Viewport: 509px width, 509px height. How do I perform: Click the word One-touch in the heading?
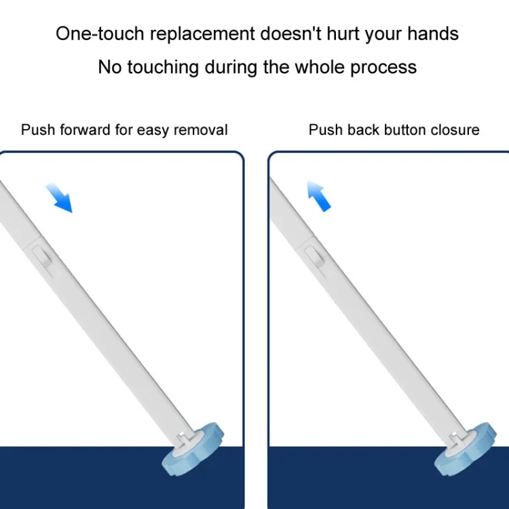point(100,33)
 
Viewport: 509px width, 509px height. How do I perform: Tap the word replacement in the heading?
point(202,34)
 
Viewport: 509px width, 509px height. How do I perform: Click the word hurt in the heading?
point(343,33)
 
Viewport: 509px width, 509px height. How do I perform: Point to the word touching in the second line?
point(163,68)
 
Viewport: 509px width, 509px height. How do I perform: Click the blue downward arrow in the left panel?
point(60,198)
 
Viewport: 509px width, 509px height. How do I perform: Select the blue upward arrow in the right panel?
point(319,195)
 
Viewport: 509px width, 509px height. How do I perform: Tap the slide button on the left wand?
point(42,257)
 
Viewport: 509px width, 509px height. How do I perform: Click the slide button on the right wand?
point(314,257)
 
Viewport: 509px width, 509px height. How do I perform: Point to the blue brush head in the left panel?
point(193,450)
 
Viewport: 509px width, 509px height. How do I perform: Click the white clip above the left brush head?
point(182,439)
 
